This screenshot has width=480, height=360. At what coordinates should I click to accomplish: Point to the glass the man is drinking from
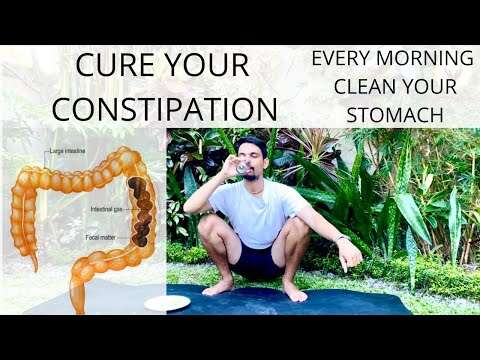244,168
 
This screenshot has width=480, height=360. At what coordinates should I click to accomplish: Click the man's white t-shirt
255,211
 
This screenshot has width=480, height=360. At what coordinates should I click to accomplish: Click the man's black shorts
263,262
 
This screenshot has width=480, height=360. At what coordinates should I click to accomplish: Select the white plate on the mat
167,303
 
